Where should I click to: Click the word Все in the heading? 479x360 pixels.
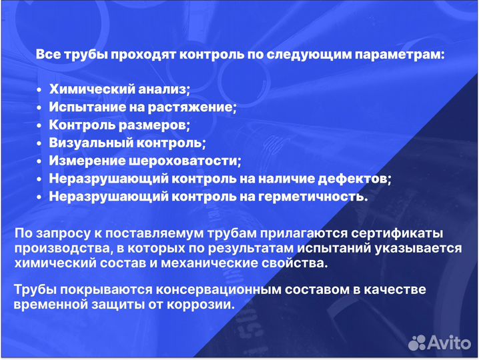pyautogui.click(x=47, y=54)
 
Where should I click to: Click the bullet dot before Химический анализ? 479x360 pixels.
pyautogui.click(x=40, y=89)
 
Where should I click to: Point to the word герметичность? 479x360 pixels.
pyautogui.click(x=316, y=197)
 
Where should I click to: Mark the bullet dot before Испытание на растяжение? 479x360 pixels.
pyautogui.click(x=40, y=107)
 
